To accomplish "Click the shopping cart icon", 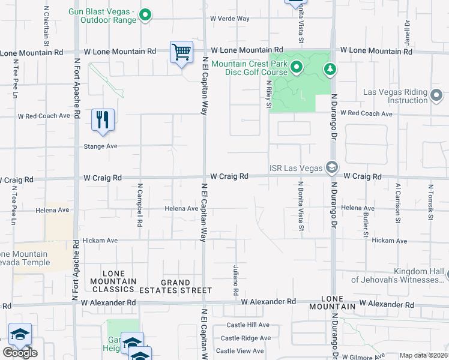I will point(181,52).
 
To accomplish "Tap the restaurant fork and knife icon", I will point(103,119).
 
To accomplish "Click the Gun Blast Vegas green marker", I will point(145,16).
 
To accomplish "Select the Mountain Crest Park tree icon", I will point(330,70).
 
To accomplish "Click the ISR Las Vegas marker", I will point(331,167).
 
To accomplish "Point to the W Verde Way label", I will point(229,19).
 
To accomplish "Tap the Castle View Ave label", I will point(240,351).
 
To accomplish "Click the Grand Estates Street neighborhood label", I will point(176,286).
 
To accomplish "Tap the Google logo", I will point(20,353).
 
